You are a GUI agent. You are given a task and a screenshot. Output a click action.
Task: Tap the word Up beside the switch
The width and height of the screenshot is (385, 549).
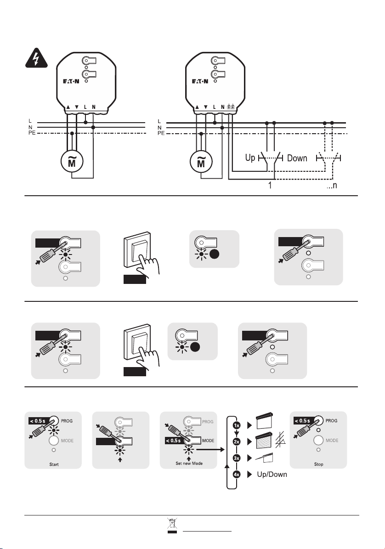pos(250,158)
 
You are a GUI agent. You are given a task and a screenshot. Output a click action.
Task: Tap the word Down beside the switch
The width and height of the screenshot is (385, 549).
pos(297,158)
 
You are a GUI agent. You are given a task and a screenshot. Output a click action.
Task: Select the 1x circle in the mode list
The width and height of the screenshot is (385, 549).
pos(237,426)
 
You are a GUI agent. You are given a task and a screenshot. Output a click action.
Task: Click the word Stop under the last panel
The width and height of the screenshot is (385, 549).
pos(318,464)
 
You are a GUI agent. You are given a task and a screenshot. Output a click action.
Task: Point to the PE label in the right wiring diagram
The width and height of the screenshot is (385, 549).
pos(160,134)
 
